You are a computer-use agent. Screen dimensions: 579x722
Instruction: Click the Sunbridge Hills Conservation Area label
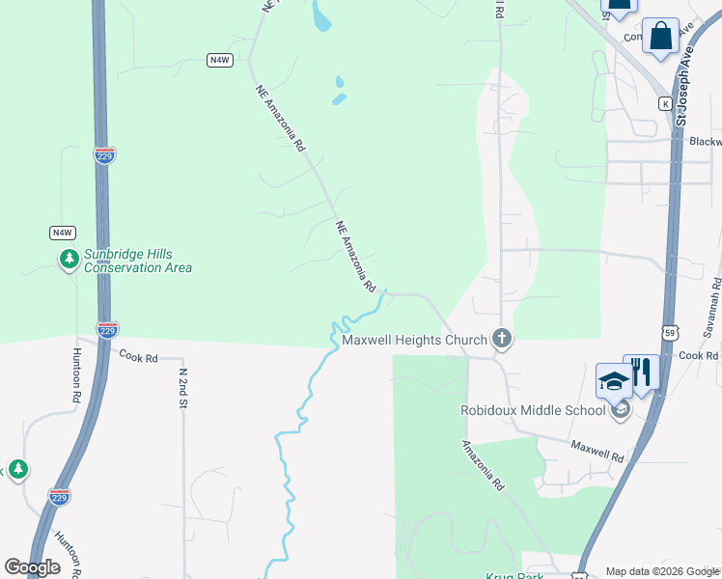coord(136,261)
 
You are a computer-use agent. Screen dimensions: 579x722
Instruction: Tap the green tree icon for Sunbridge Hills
coord(69,259)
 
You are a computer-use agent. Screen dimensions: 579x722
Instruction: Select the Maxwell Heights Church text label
coord(413,340)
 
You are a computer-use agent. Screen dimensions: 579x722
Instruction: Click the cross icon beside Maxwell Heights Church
coord(501,338)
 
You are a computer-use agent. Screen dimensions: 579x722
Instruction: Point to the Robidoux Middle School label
coord(532,410)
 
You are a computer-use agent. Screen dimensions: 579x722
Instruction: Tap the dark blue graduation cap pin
coord(614,380)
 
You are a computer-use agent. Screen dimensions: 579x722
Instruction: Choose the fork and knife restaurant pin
coord(641,372)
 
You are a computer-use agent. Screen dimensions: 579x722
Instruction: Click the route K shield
coord(665,103)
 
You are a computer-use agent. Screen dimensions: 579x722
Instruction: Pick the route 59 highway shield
coord(670,333)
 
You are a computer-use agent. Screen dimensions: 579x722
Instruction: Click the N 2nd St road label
coord(182,386)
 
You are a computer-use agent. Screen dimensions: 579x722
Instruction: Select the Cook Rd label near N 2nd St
coord(138,357)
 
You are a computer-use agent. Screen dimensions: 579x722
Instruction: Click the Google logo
coord(33,567)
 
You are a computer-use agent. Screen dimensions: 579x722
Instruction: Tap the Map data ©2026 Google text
coord(661,571)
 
